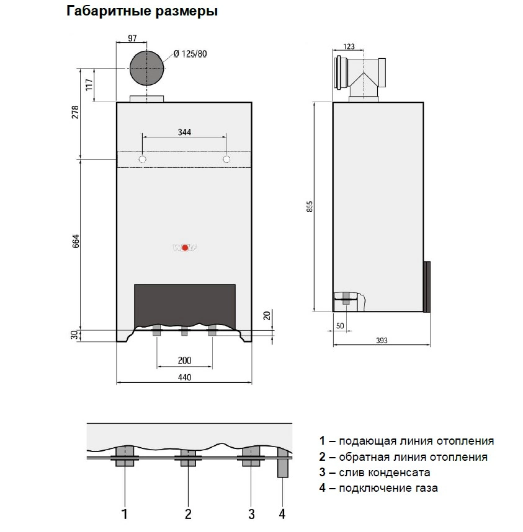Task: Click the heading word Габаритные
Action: click(x=109, y=11)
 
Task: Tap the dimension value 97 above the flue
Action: click(x=132, y=38)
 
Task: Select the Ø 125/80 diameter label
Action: click(x=190, y=54)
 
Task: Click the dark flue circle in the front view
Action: click(x=147, y=68)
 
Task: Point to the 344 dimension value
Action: click(x=184, y=132)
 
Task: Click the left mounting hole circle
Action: click(x=143, y=159)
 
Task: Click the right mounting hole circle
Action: click(x=226, y=159)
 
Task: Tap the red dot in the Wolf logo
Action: click(x=185, y=248)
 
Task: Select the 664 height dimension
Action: click(x=76, y=241)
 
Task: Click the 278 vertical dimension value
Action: click(x=75, y=112)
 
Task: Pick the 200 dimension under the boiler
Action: click(x=184, y=360)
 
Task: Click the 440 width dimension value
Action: click(x=184, y=377)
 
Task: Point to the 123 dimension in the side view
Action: click(x=349, y=46)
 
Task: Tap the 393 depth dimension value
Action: click(x=382, y=340)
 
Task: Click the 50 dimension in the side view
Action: click(x=340, y=326)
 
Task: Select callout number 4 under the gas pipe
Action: click(x=282, y=514)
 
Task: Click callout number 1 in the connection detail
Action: click(x=125, y=514)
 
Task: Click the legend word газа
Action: click(x=426, y=488)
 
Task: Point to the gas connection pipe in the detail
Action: click(x=283, y=463)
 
